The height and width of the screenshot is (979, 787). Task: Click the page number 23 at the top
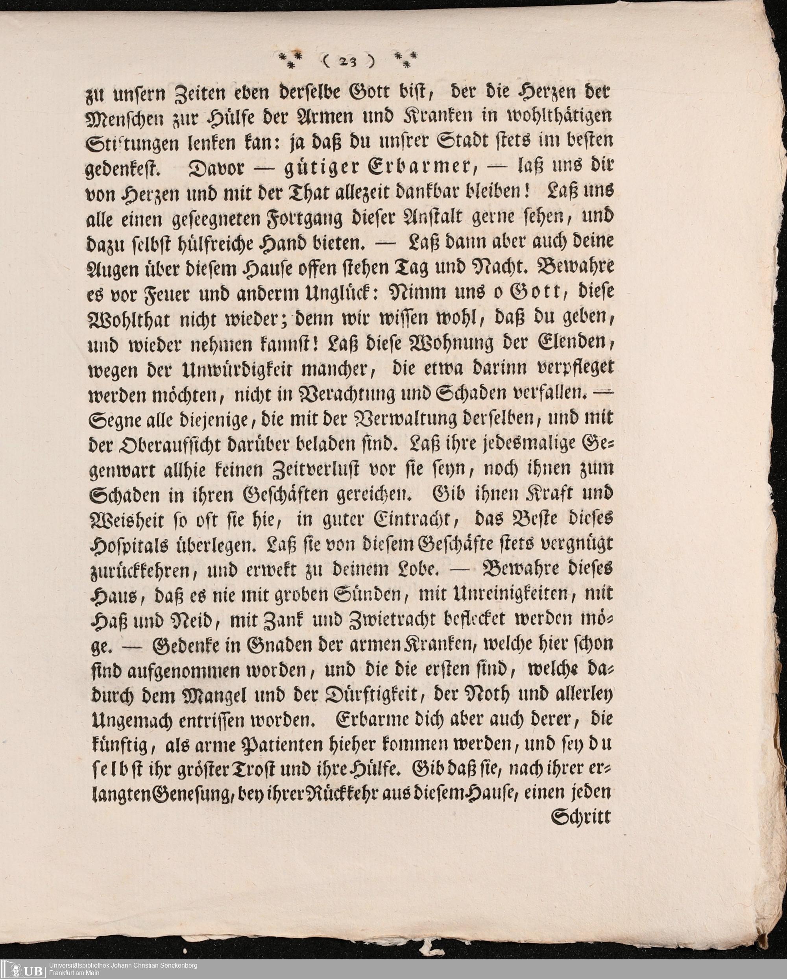[349, 61]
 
